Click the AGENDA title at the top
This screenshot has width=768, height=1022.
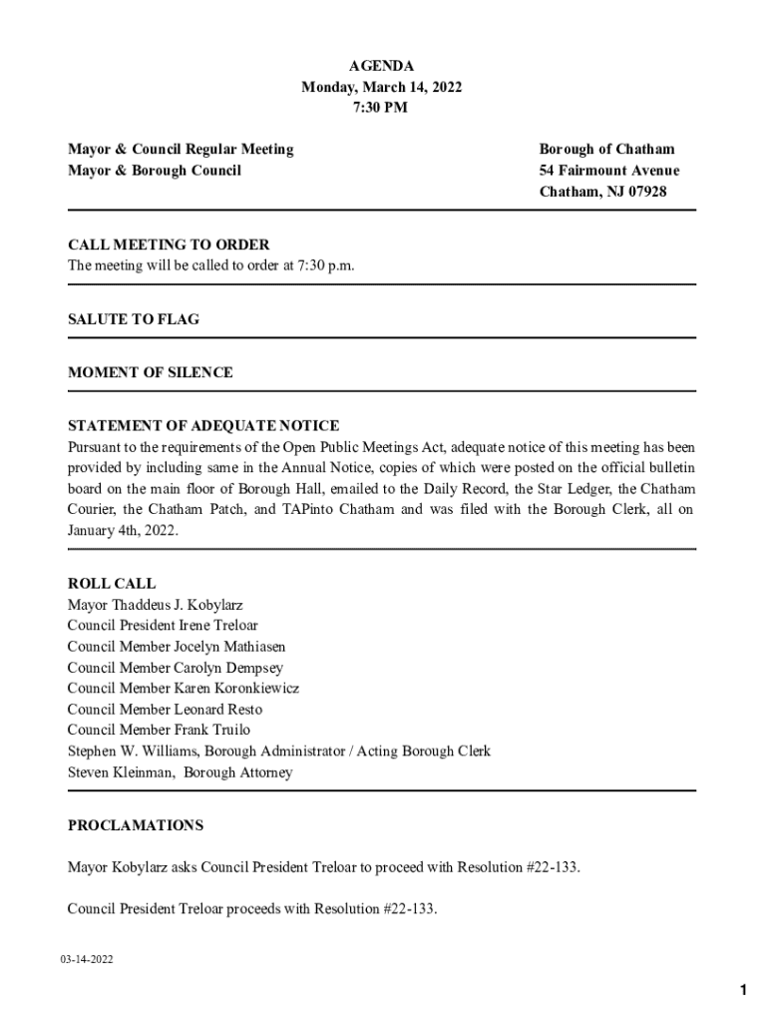click(381, 66)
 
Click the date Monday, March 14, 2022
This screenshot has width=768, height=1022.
click(381, 87)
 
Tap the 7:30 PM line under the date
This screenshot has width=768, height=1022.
click(381, 108)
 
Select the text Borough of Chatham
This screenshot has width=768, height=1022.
click(606, 150)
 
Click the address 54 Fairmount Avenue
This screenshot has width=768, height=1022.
click(609, 171)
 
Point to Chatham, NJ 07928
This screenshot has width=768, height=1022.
click(602, 192)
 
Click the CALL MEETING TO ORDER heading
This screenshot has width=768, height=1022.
click(169, 245)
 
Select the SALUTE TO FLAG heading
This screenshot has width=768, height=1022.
click(134, 319)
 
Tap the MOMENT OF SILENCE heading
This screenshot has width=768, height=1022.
click(151, 372)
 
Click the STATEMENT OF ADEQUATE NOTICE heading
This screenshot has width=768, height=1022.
click(203, 426)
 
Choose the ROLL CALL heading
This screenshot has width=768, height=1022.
click(112, 584)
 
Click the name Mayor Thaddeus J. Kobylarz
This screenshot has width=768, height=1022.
click(156, 605)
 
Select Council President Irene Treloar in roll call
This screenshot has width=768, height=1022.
click(164, 626)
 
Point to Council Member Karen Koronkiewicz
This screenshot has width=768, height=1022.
click(184, 689)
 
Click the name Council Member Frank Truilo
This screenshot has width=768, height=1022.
click(160, 730)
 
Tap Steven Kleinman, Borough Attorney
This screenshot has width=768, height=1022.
click(181, 772)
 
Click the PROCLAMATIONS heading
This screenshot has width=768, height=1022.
click(136, 825)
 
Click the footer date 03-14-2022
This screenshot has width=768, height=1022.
click(86, 960)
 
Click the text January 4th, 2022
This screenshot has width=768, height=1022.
click(123, 531)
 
